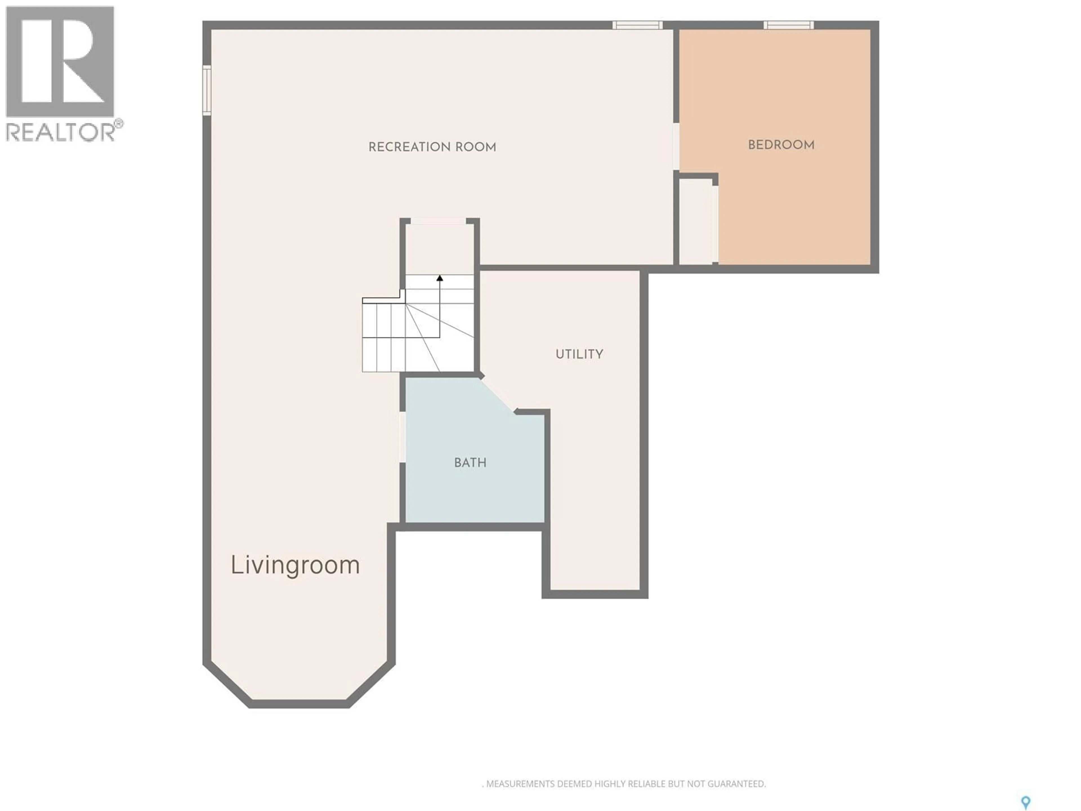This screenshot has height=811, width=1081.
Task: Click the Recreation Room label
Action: (432, 147)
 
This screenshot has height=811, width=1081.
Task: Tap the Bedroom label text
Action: (781, 145)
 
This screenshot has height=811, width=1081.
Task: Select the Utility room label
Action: (579, 354)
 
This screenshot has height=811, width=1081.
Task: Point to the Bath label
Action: (470, 462)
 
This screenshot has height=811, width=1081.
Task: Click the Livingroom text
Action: (295, 565)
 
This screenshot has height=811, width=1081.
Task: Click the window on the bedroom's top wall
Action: (789, 25)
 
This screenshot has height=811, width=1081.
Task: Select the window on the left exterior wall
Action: (207, 90)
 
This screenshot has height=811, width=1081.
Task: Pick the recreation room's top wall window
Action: (638, 25)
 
